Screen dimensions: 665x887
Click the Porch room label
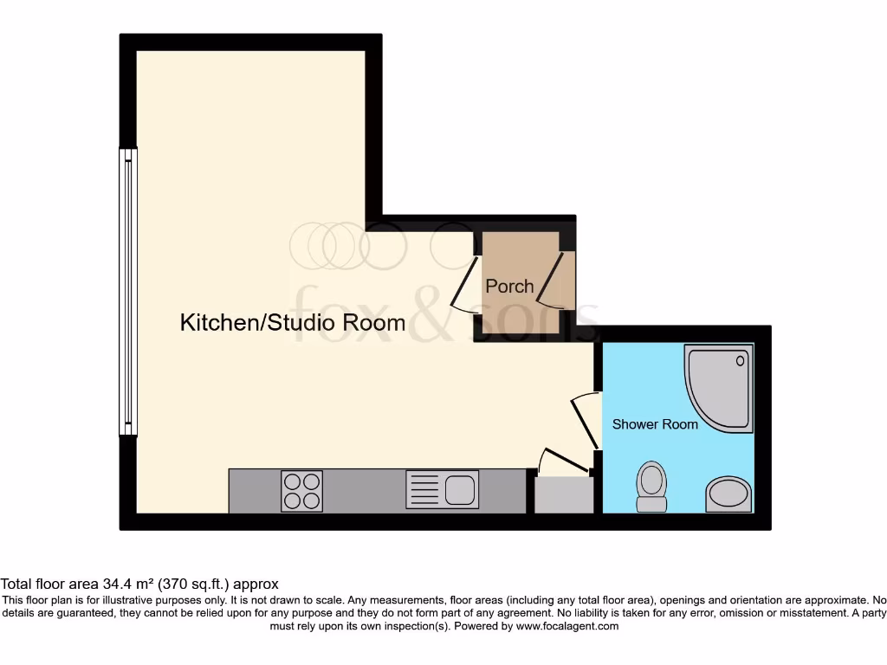click(x=509, y=286)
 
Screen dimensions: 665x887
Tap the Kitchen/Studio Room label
click(x=292, y=323)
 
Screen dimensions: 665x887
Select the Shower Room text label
click(x=655, y=424)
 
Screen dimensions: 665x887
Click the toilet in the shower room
click(x=651, y=487)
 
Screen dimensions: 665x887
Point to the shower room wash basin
click(x=728, y=494)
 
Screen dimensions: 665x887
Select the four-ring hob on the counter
click(x=301, y=490)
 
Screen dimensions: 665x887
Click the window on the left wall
click(x=128, y=291)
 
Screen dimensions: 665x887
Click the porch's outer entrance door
click(x=554, y=279)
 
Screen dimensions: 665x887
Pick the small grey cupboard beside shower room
click(x=564, y=495)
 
